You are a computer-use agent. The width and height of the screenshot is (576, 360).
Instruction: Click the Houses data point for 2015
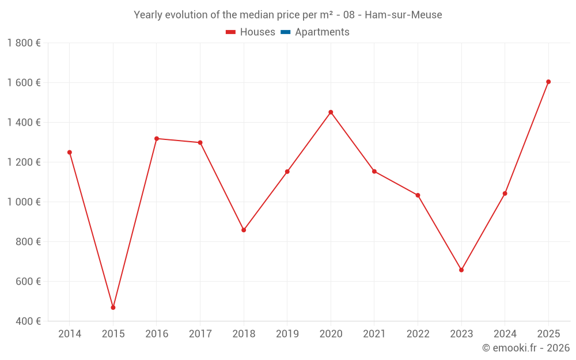coord(113,308)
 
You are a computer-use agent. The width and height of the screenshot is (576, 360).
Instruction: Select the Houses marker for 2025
coord(548,82)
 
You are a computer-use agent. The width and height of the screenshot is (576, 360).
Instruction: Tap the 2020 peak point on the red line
coord(331,112)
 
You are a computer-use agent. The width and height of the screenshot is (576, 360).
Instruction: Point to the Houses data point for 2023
coord(461,270)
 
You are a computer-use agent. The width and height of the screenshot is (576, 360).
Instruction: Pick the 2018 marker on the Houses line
coord(244,230)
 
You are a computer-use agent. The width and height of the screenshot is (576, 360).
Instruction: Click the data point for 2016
coord(157,138)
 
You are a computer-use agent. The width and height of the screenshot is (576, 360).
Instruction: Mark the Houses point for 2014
coord(70,153)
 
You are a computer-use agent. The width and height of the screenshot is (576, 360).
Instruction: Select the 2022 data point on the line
coord(418,195)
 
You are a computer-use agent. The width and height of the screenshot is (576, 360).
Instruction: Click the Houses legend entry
coord(250,32)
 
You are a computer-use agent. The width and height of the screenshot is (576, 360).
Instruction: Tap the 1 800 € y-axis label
coord(24,43)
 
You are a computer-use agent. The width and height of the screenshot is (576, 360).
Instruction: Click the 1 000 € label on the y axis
coord(24,202)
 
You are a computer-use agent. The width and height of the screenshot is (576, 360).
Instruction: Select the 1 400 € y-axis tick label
coord(24,123)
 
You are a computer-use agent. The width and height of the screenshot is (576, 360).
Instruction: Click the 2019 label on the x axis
coord(287,334)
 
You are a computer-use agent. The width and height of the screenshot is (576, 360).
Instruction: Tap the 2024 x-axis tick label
coord(505,334)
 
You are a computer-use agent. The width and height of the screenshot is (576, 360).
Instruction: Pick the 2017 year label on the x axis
coord(200,334)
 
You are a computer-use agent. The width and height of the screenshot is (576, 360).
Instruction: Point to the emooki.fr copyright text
coord(525,348)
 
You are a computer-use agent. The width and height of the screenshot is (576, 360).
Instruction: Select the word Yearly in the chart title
coord(149,15)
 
